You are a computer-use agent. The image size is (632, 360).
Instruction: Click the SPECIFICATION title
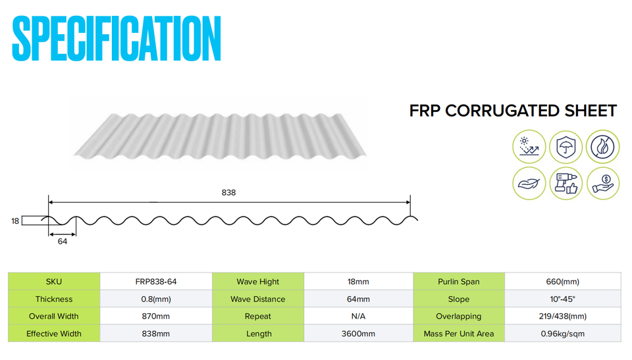[117, 38]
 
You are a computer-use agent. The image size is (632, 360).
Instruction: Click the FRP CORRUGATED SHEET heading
[513, 111]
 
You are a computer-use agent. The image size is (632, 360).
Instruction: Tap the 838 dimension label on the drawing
[228, 193]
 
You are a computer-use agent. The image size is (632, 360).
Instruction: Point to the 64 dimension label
[63, 242]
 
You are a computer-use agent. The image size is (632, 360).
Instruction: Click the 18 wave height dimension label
[15, 221]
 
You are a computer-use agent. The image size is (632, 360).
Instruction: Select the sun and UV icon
[529, 146]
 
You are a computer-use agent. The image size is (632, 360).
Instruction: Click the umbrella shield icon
[566, 147]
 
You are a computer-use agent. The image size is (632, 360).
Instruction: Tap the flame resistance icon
[602, 146]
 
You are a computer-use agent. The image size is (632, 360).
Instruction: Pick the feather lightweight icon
[529, 184]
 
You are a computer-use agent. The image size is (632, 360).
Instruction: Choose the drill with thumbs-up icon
[566, 184]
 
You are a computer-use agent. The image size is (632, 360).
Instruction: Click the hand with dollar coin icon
[602, 184]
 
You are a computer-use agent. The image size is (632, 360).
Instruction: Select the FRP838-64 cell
[156, 282]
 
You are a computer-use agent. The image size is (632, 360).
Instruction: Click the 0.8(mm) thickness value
[156, 299]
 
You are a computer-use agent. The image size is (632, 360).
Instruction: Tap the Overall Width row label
[53, 317]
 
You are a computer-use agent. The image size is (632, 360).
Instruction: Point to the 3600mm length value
[358, 334]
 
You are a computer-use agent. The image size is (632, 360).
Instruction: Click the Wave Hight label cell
[258, 282]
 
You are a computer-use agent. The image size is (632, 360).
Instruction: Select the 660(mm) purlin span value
[563, 282]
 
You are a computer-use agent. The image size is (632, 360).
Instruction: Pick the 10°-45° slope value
[563, 299]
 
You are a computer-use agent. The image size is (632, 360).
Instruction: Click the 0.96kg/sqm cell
[563, 334]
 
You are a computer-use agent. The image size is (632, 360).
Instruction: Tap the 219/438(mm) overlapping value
[563, 317]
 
